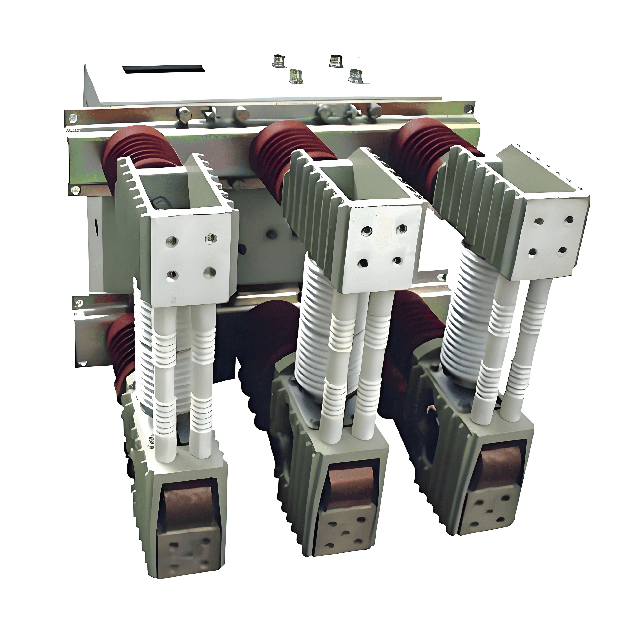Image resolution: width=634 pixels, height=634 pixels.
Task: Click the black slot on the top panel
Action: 164,69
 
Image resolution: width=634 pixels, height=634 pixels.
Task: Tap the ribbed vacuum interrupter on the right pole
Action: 466,315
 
